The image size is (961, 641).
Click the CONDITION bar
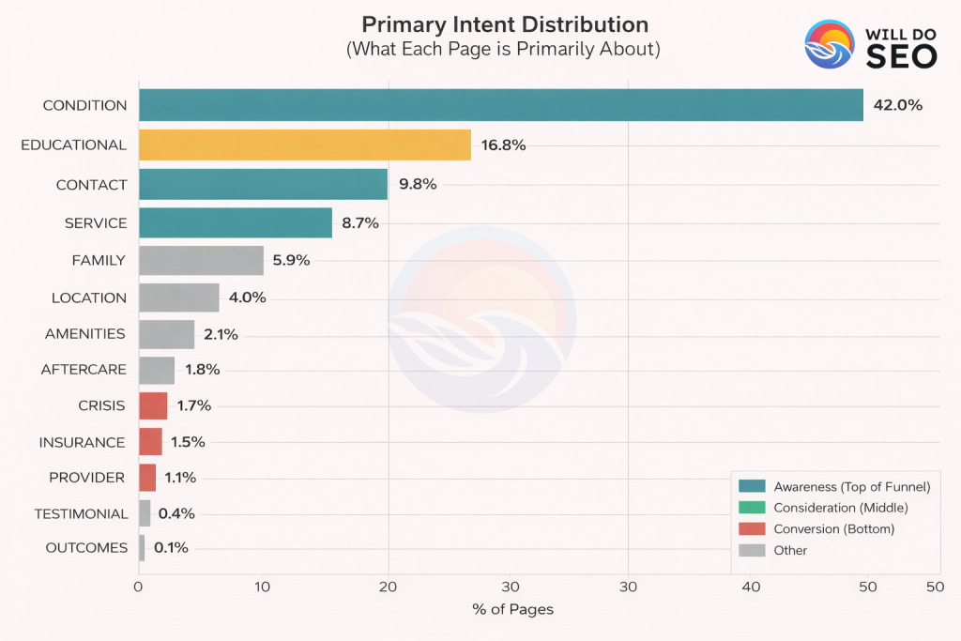[x=500, y=105]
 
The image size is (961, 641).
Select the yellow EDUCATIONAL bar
[x=305, y=145]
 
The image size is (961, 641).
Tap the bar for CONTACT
[x=263, y=184]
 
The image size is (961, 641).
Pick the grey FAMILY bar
[x=201, y=260]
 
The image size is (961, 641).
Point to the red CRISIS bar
[x=153, y=405]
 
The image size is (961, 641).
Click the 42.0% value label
[x=897, y=105]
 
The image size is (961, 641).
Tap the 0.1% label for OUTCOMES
[x=171, y=548]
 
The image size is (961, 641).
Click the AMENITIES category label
[x=85, y=333]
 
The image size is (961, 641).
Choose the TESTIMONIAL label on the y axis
[x=81, y=513]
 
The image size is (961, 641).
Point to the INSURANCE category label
[x=82, y=442]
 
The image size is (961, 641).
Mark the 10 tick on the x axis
[x=263, y=587]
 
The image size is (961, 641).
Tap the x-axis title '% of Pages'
[x=512, y=610]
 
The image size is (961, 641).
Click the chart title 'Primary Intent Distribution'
[x=505, y=24]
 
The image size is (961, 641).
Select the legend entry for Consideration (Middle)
[x=841, y=508]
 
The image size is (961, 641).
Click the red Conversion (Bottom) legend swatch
[x=752, y=529]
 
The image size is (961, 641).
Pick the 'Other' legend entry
[x=790, y=551]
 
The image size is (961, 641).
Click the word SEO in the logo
[x=901, y=56]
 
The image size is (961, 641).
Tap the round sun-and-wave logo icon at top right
[x=830, y=45]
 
